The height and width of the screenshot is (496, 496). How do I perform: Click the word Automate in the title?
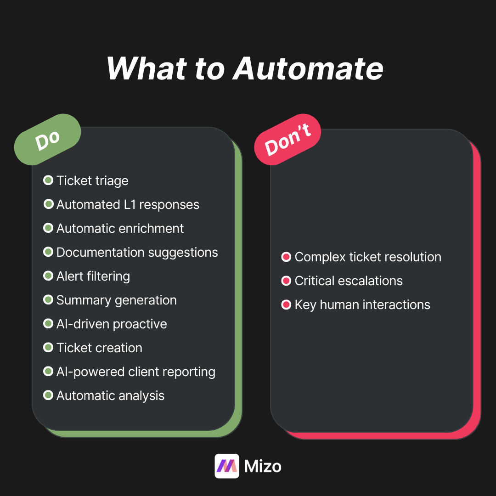(308, 69)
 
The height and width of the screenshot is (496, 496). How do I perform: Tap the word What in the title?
(147, 69)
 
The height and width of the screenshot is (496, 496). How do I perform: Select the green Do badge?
(47, 140)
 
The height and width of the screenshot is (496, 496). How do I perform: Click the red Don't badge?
(287, 140)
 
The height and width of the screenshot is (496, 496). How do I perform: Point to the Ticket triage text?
(92, 180)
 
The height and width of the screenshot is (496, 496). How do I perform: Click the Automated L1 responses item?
(128, 204)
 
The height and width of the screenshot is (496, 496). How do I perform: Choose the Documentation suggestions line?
(137, 252)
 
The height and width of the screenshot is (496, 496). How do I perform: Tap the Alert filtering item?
(93, 276)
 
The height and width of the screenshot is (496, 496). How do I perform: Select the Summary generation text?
(116, 300)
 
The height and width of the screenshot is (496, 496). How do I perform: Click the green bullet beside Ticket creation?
(48, 348)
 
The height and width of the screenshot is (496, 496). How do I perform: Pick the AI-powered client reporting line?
(135, 372)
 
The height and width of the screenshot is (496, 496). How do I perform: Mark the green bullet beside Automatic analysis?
(48, 395)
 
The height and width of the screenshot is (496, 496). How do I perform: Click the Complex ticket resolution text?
(367, 257)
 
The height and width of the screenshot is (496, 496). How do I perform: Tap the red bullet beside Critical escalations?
(286, 281)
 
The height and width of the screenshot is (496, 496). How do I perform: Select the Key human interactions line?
(362, 304)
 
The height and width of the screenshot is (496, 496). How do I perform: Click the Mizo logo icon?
(227, 466)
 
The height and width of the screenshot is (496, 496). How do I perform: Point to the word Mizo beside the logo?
(263, 466)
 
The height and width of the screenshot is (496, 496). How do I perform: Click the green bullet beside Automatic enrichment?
(48, 228)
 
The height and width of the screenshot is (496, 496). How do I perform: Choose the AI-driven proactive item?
(112, 324)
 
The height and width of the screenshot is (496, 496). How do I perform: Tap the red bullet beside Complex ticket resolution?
(286, 257)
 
